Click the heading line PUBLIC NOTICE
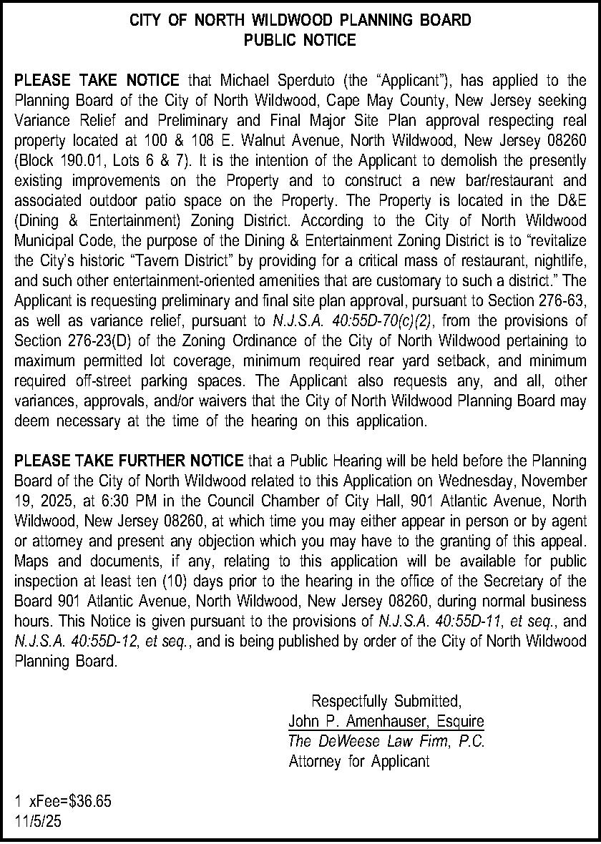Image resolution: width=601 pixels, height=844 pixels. (x=300, y=41)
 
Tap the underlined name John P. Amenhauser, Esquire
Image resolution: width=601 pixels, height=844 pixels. (x=386, y=721)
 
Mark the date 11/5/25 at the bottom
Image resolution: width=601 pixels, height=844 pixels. (x=38, y=823)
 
